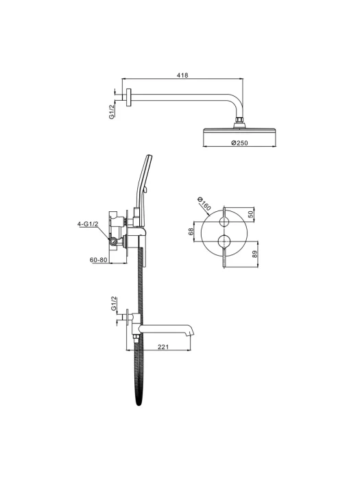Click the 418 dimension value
[x=182, y=75]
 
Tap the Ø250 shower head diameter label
[x=240, y=143]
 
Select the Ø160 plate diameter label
[x=204, y=203]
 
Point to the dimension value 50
[x=251, y=214]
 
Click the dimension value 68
[x=191, y=232]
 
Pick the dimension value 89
[x=255, y=254]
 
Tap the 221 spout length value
[x=163, y=347]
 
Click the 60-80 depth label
[x=99, y=260]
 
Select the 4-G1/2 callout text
[x=88, y=224]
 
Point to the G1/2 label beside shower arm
[x=112, y=111]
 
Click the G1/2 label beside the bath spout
[x=115, y=303]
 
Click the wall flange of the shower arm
[x=129, y=97]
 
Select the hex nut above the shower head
[x=240, y=119]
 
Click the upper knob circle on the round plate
[x=225, y=221]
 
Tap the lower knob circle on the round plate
[x=225, y=241]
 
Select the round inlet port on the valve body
[x=114, y=242]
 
